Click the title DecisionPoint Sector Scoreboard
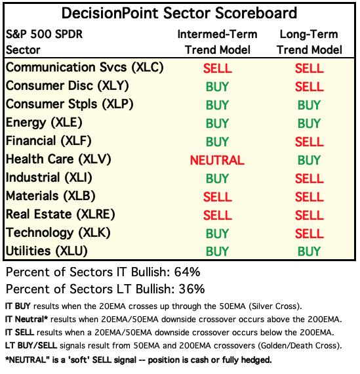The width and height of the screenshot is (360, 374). [179, 13]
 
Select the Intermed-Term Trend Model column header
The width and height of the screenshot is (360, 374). [218, 42]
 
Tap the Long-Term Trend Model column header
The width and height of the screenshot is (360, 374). [310, 42]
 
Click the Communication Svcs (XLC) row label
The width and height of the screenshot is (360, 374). [85, 68]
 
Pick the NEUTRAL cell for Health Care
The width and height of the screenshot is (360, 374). [217, 160]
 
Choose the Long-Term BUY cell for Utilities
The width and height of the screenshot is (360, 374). [309, 251]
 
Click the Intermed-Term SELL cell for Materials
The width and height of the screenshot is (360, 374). [218, 197]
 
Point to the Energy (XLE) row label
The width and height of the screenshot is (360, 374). [44, 123]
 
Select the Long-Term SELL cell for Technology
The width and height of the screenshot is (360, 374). [310, 234]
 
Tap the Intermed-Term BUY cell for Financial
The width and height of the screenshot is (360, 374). [217, 142]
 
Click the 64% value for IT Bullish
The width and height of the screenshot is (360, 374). [187, 272]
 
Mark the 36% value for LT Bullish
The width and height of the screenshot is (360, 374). [191, 289]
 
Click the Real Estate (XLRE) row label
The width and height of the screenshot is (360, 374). [60, 215]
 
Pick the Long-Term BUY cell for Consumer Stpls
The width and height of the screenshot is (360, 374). [309, 105]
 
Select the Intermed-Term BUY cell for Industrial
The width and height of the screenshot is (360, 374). [217, 178]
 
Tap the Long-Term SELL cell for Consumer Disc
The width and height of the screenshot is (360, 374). [310, 87]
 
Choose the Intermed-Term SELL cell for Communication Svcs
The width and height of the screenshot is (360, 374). [218, 68]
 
